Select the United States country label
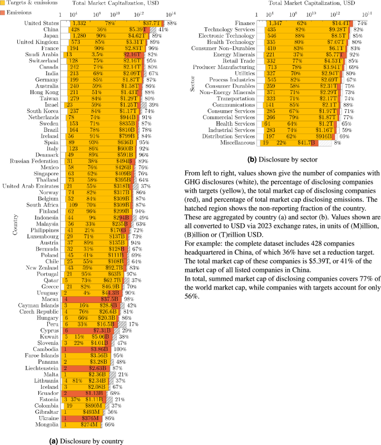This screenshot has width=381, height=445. (x=42, y=23)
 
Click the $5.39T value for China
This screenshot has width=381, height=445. (x=138, y=29)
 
